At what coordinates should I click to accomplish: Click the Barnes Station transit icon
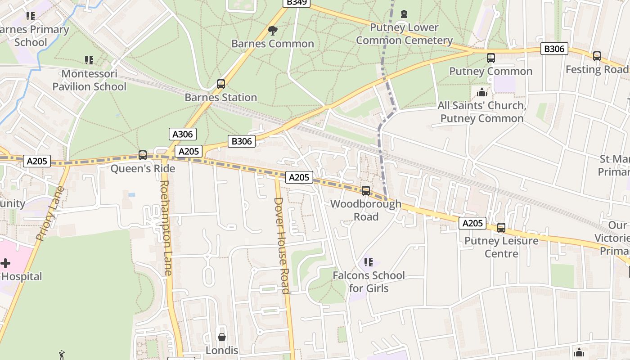tap(220, 84)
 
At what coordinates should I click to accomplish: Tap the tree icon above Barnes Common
tap(272, 31)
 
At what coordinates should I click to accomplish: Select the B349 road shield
tap(296, 2)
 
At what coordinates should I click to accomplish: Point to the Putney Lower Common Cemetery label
tap(404, 34)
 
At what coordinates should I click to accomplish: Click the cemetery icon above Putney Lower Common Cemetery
tap(404, 14)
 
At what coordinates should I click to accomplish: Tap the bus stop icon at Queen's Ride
tap(143, 155)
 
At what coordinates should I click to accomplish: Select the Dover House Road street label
tap(282, 245)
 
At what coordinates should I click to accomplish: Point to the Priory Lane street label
tap(50, 214)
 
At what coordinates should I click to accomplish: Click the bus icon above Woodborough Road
tap(366, 191)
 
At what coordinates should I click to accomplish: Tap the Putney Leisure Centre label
tap(501, 247)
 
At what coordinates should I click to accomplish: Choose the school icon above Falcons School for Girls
tap(368, 262)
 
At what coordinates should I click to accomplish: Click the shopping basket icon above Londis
tap(222, 337)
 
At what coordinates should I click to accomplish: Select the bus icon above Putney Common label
tap(490, 58)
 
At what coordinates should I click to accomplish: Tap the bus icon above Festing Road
tap(597, 56)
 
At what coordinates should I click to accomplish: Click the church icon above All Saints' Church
tap(482, 92)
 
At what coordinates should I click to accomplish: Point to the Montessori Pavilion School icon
tap(89, 60)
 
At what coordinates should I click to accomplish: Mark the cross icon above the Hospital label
tap(5, 263)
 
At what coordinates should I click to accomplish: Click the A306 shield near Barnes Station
tap(183, 134)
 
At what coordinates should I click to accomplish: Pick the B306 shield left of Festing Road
tap(554, 49)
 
